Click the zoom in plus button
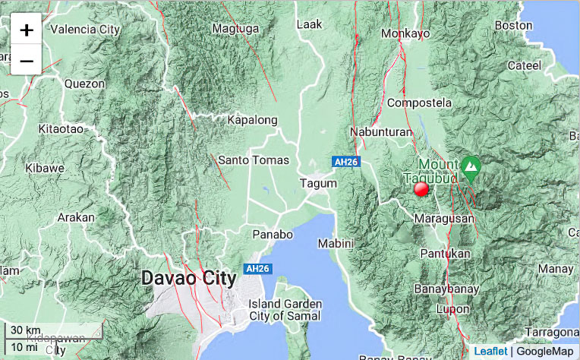coord(26,30)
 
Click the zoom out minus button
coord(26,60)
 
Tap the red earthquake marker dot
coord(421,190)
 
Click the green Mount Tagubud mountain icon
coord(471,166)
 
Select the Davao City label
coord(189,279)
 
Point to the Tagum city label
coord(318,183)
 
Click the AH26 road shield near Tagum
coord(345,161)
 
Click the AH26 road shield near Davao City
coord(257,269)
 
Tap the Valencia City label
coord(85,30)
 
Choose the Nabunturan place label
coord(381,132)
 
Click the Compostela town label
coord(419,103)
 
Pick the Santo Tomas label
coord(254,160)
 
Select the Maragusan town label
coord(445,219)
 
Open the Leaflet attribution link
coord(490,351)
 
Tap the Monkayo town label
coord(405,33)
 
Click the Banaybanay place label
coord(444,289)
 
